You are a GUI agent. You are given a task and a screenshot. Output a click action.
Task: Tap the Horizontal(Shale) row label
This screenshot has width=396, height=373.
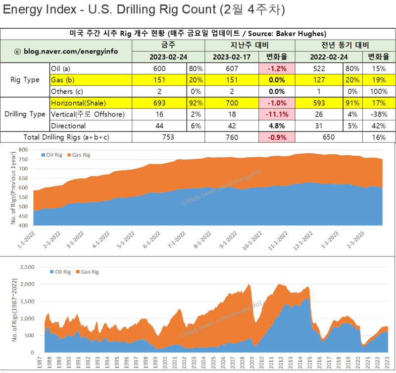pos(78,103)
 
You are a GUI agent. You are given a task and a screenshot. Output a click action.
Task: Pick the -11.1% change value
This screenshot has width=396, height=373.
pos(277,115)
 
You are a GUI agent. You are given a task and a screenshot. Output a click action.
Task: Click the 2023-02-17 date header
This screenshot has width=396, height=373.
pos(232,57)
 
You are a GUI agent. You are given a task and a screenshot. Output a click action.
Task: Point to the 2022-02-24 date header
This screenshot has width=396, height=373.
pos(329,57)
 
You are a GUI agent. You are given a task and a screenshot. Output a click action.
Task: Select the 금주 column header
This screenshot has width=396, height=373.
pos(168,45)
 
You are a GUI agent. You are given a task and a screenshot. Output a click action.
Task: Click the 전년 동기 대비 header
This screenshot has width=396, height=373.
pos(345,45)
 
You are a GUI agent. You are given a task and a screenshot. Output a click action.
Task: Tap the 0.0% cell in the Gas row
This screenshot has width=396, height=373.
pos(277,80)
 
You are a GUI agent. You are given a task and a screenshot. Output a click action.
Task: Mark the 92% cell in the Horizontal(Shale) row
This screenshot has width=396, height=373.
pos(196,103)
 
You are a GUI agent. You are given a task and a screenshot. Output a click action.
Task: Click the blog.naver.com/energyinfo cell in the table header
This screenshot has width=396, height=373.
pos(66,51)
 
